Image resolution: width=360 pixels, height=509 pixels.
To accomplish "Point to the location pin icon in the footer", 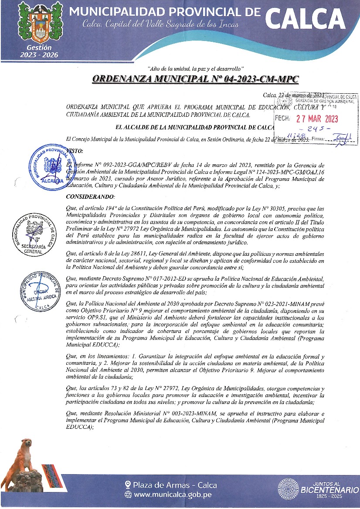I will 128,485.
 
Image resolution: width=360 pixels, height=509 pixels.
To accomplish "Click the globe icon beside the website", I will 128,495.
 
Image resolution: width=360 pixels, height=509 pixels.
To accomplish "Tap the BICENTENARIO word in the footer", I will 326,490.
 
